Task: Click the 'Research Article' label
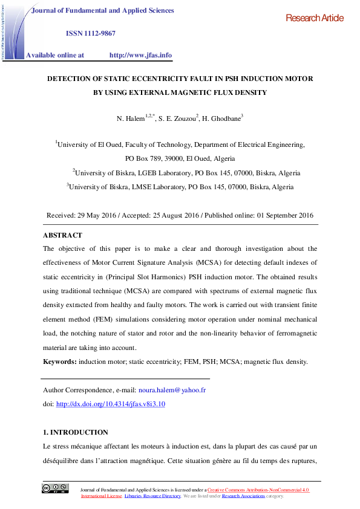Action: pyautogui.click(x=314, y=18)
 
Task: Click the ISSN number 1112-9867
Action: pyautogui.click(x=91, y=33)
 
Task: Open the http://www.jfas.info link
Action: pyautogui.click(x=140, y=55)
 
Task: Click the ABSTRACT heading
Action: pyautogui.click(x=62, y=235)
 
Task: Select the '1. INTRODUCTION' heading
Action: pyautogui.click(x=76, y=432)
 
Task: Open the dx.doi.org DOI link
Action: pyautogui.click(x=110, y=404)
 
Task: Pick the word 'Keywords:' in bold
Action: pyautogui.click(x=60, y=361)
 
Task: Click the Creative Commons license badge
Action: pyautogui.click(x=54, y=488)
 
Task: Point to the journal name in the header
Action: pyautogui.click(x=102, y=11)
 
